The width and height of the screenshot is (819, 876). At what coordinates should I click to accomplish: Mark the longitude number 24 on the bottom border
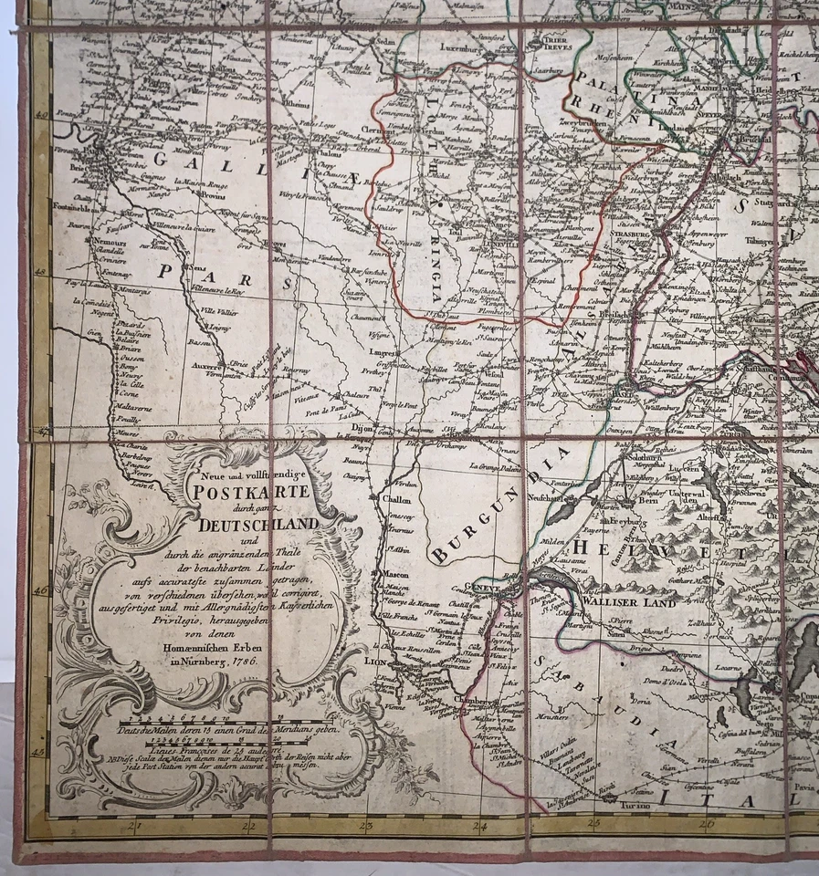[x=480, y=827]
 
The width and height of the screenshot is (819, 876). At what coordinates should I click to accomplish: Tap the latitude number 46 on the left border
[x=40, y=590]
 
